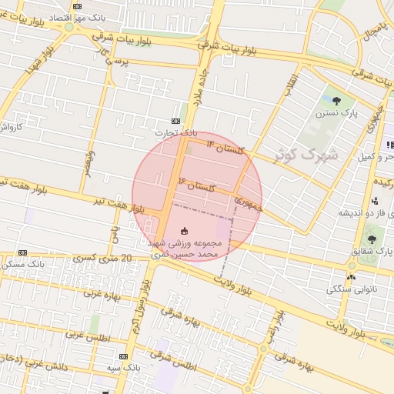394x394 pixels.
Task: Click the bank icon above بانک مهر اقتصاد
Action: [76, 6]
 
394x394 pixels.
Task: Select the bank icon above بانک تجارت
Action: [176, 121]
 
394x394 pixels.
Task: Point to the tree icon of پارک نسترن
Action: [336, 100]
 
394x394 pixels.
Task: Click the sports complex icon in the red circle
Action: [184, 231]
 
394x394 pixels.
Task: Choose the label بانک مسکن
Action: [22, 264]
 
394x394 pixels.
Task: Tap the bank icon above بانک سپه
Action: [124, 356]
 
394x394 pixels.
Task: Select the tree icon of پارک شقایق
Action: [372, 239]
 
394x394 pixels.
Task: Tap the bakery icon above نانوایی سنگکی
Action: [351, 276]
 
